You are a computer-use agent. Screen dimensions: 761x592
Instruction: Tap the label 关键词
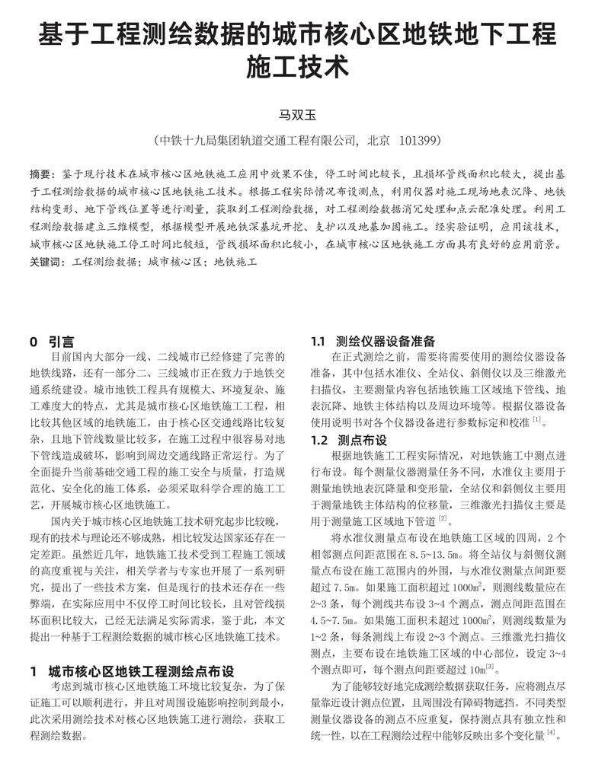(47, 260)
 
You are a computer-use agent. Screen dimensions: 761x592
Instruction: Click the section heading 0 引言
(52, 342)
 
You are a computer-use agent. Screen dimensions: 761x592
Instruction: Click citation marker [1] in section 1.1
(536, 420)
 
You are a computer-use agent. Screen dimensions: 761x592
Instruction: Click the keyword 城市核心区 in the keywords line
(174, 260)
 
